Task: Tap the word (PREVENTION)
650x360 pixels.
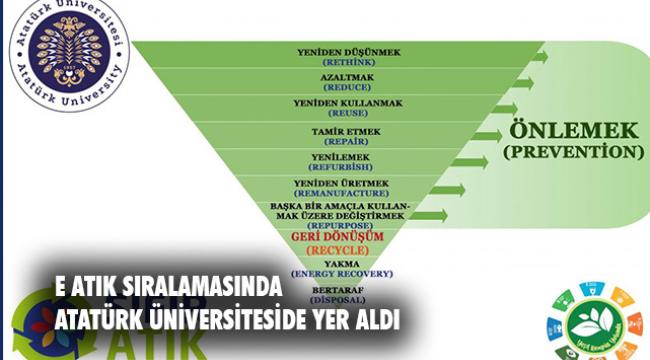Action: (572, 153)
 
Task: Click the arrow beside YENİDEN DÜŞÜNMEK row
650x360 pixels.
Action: (538, 56)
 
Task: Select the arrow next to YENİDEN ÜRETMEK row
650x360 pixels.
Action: (449, 188)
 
